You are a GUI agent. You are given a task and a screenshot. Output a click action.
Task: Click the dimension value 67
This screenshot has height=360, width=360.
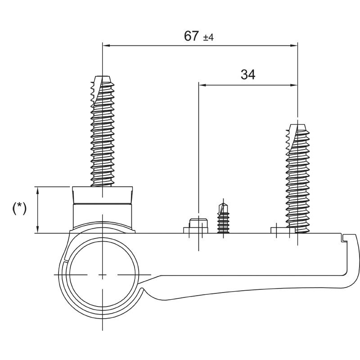[x=191, y=36]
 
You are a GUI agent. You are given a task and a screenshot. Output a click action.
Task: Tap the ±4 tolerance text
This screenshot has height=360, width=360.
[x=208, y=38]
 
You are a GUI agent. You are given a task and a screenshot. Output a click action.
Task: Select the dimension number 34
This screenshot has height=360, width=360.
[x=247, y=75]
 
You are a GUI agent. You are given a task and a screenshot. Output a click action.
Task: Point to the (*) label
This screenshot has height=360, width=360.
[x=19, y=208]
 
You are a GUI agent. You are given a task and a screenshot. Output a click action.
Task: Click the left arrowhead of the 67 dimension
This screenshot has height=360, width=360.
[x=106, y=45]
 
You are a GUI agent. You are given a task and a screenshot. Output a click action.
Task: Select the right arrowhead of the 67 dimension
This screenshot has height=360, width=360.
[x=294, y=45]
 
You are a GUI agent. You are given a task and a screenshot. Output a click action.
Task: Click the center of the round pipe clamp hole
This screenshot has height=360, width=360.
[x=103, y=274]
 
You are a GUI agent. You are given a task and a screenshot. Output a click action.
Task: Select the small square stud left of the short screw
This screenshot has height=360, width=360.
[x=198, y=225]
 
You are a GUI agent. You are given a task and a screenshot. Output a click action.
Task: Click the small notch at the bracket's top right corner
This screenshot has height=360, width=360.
[x=345, y=237]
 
